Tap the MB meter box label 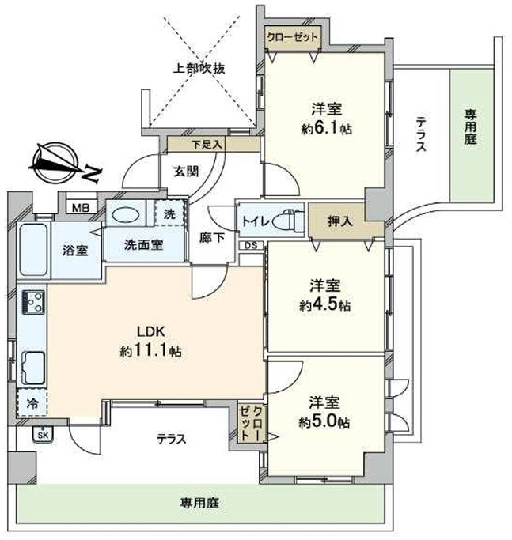point(81,208)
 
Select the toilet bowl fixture point(289,221)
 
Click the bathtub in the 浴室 point(33,249)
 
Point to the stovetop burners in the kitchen point(33,302)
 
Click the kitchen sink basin point(33,368)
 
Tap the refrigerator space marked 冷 point(32,403)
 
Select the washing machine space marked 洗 point(169,213)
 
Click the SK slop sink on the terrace point(44,434)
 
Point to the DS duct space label point(251,246)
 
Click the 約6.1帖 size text point(327,129)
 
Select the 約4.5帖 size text point(324,305)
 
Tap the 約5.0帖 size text point(324,422)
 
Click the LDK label point(151,331)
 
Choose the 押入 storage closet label point(340,221)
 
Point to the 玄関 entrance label point(186,171)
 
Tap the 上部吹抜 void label point(199,69)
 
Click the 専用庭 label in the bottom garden point(199,503)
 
